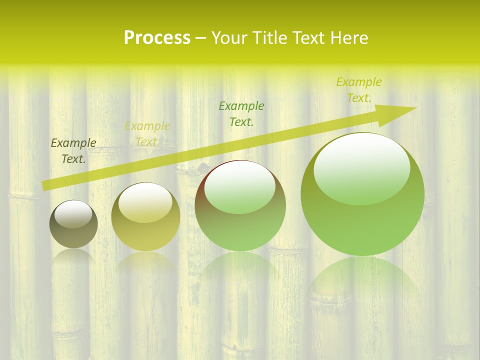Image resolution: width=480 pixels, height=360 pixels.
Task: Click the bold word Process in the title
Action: point(157,38)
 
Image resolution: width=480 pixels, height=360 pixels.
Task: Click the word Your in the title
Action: point(229,38)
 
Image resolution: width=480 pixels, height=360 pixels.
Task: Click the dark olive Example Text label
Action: point(73,151)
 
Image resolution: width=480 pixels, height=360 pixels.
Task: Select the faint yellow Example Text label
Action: point(147,134)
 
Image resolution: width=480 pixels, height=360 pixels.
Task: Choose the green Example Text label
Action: point(241,113)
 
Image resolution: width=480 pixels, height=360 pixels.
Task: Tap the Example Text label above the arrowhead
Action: point(359,90)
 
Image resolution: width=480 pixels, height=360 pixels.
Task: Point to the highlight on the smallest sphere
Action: point(73,213)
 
